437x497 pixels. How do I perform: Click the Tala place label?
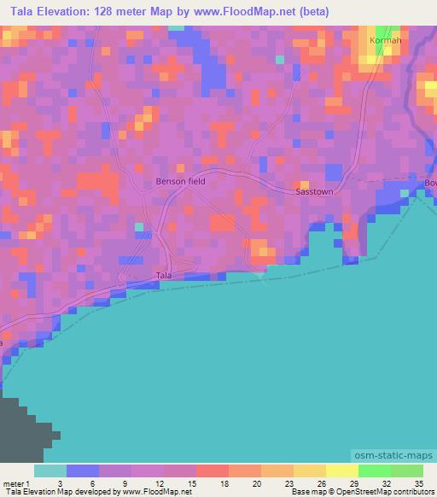(164, 275)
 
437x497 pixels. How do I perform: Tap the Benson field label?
(180, 182)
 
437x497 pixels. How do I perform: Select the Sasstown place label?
(314, 192)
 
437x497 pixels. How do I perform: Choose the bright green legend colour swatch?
(374, 471)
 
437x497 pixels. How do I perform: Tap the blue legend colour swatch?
(83, 471)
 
